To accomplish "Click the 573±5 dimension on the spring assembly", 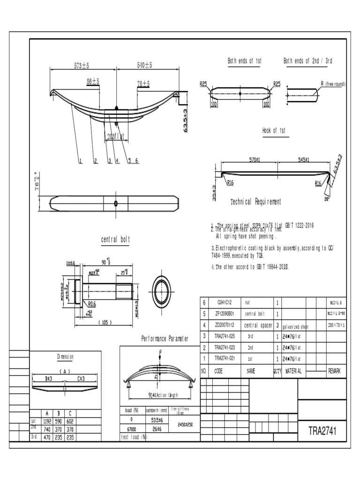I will pyautogui.click(x=82, y=66).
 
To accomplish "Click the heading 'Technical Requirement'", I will pyautogui.click(x=256, y=202).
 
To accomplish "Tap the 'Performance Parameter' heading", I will pyautogui.click(x=165, y=338).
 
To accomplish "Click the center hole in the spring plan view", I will pyautogui.click(x=116, y=203).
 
